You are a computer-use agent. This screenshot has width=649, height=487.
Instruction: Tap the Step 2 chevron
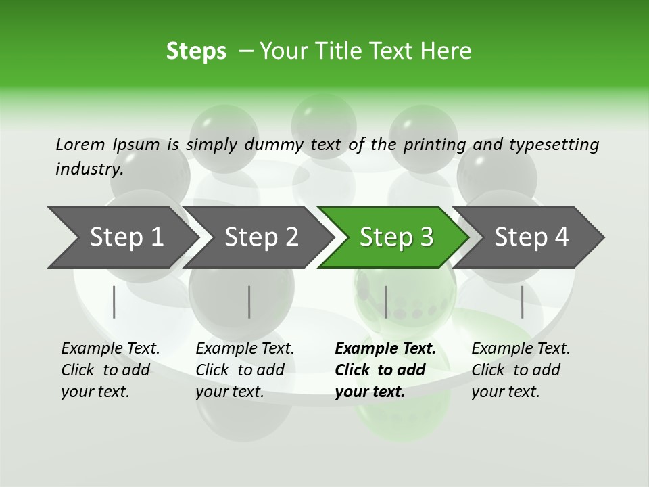click(261, 237)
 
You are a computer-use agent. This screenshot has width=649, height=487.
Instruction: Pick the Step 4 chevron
click(531, 237)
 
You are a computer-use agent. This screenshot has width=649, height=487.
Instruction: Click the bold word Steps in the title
click(196, 51)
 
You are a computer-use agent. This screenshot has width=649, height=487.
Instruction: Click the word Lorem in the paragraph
click(80, 144)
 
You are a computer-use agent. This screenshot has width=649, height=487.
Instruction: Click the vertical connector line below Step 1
click(114, 302)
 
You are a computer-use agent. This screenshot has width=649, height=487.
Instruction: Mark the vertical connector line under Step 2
click(249, 302)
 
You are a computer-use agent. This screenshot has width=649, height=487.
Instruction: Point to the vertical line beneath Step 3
click(385, 302)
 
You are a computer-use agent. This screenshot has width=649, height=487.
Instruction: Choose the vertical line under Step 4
click(522, 302)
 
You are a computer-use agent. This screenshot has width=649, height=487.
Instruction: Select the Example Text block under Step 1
click(110, 370)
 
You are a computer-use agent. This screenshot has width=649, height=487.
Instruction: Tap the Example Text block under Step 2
click(245, 370)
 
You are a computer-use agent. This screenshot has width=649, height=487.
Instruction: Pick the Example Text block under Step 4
click(521, 370)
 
